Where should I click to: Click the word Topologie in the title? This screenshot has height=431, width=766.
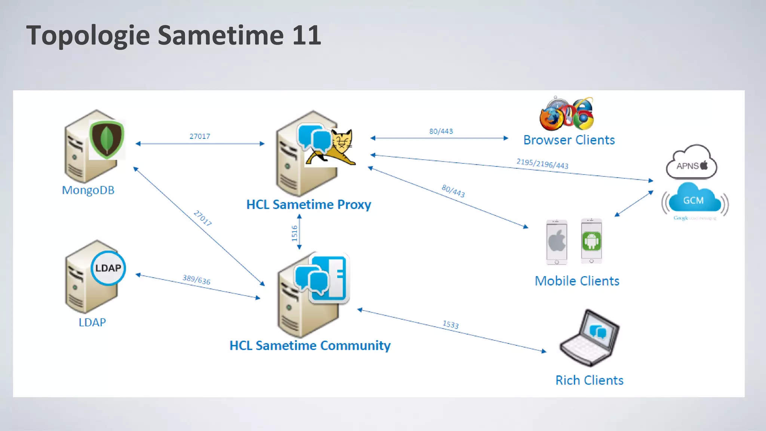point(88,36)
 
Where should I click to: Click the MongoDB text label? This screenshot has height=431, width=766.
point(88,190)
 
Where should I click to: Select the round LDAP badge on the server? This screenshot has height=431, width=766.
point(108,268)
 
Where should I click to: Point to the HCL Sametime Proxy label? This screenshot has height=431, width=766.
point(309,205)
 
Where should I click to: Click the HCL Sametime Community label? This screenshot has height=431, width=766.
point(310,345)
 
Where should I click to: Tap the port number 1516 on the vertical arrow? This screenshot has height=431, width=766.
point(294,233)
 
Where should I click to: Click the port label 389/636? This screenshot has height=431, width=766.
point(196,279)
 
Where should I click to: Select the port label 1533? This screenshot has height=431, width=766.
point(451,324)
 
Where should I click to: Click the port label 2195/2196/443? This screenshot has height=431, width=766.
point(542,164)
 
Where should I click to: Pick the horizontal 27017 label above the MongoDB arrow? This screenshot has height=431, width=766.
point(200,136)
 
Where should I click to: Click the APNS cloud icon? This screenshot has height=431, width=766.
point(691,163)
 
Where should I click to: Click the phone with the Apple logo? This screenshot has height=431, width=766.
point(557,242)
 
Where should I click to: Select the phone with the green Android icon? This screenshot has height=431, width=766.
point(591,241)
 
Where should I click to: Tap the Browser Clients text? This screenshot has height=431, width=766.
point(569,140)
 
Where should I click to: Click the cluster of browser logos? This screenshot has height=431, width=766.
point(567,114)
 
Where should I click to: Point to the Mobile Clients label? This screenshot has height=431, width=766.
point(577,281)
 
